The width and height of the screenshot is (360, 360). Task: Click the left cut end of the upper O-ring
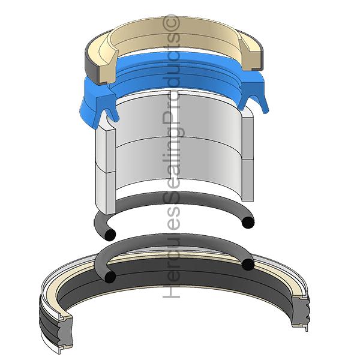[110, 235]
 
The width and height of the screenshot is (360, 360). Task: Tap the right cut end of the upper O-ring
[247, 222]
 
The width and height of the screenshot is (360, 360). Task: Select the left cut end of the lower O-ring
[110, 277]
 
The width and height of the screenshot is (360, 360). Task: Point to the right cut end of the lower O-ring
[247, 264]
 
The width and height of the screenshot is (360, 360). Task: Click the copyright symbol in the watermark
[171, 22]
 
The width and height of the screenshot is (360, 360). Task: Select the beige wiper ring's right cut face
[251, 55]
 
